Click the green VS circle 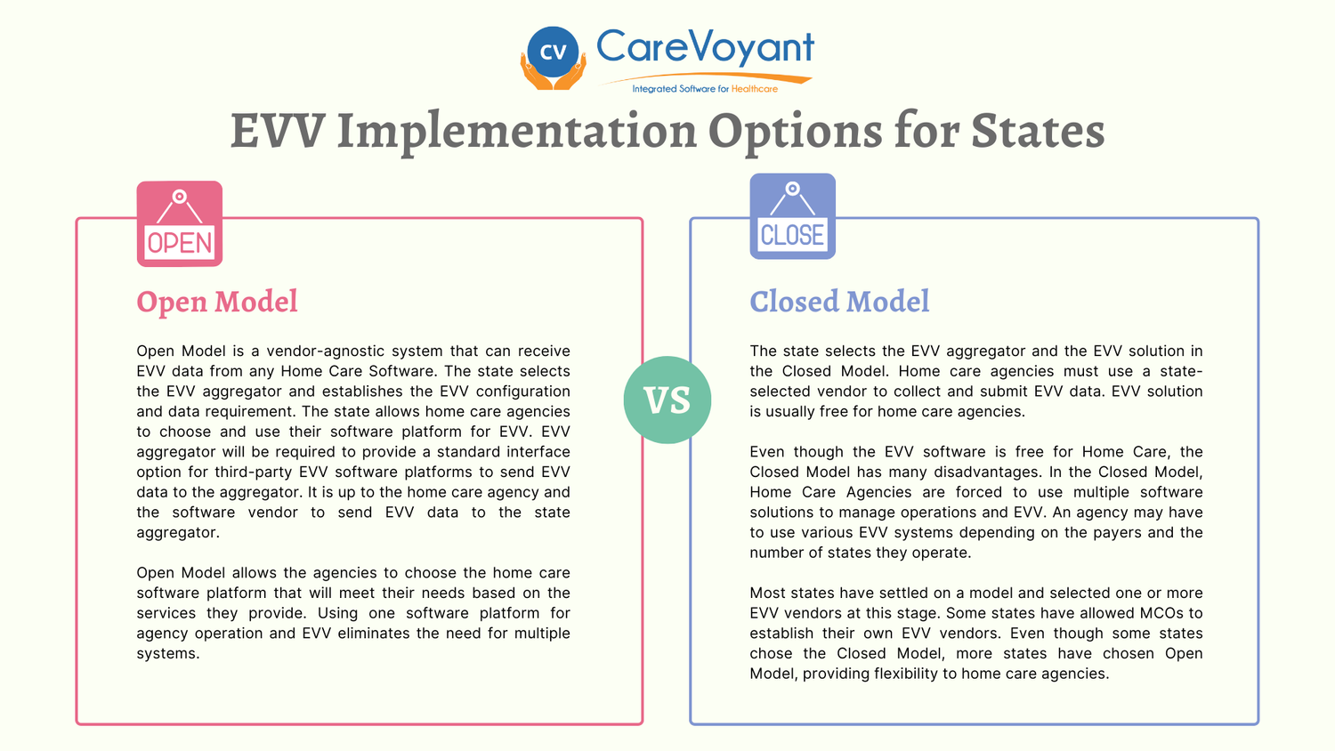667,400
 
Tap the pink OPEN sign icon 180,224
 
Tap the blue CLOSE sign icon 792,216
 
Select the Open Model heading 217,302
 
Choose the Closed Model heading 839,302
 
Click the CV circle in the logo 553,52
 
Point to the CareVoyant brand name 705,47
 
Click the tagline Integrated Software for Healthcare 704,89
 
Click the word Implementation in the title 517,131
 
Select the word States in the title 1038,131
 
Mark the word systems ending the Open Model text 166,654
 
